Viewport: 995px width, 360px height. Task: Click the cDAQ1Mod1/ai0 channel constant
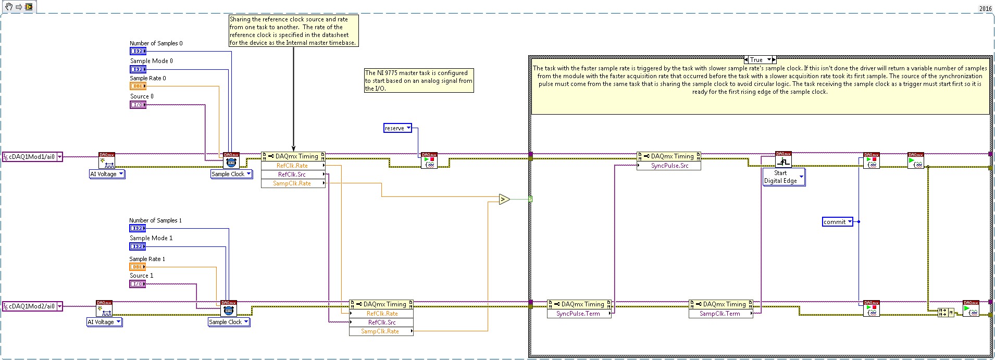[x=32, y=157]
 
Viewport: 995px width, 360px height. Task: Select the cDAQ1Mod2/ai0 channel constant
[x=32, y=306]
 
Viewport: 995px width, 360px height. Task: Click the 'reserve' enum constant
[x=397, y=128]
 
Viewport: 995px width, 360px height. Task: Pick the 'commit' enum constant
[x=837, y=222]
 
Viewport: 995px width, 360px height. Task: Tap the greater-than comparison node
[x=504, y=199]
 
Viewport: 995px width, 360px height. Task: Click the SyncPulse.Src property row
[x=669, y=166]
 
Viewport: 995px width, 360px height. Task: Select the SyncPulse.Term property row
[x=578, y=314]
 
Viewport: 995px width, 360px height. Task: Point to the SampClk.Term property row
[x=720, y=314]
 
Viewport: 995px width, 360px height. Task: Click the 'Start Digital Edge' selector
[x=783, y=177]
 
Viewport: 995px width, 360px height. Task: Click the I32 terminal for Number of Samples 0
[x=138, y=51]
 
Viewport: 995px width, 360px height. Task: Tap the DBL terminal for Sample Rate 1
[x=137, y=267]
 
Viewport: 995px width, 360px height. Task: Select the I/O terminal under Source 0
[x=138, y=105]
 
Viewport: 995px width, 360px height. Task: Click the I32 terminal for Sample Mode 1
[x=137, y=246]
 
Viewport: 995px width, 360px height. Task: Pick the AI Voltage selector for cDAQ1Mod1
[x=107, y=174]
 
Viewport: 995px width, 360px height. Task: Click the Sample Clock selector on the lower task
[x=229, y=322]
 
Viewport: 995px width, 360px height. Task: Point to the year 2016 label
[x=985, y=8]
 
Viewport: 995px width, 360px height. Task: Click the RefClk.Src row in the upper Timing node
[x=292, y=175]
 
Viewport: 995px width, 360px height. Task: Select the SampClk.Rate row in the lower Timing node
[x=380, y=331]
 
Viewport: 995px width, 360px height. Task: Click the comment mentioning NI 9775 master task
[x=419, y=81]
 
